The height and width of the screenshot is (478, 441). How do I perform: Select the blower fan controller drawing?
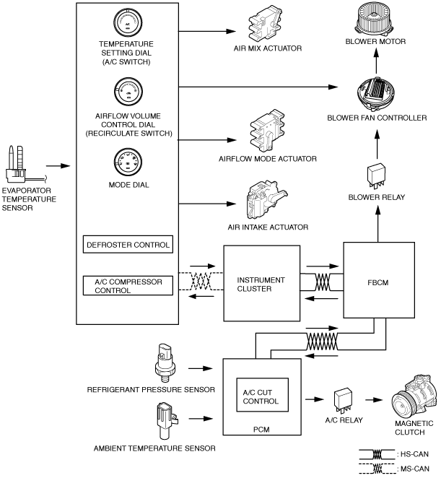(376, 92)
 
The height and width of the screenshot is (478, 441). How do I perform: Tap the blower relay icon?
(377, 176)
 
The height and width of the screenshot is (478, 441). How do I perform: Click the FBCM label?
(378, 282)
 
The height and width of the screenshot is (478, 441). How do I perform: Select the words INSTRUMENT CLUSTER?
(261, 284)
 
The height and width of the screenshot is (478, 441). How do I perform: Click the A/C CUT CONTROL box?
(263, 395)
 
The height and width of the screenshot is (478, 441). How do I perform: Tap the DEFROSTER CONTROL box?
(128, 245)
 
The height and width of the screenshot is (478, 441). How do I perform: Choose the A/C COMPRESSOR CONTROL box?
(128, 286)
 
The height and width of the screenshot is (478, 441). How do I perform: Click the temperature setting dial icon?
(128, 22)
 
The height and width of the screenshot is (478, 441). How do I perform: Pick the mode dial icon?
(128, 162)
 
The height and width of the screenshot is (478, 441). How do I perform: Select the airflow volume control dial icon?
(128, 92)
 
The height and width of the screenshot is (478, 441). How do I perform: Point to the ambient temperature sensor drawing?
(167, 421)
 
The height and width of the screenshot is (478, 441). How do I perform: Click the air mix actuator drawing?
(265, 25)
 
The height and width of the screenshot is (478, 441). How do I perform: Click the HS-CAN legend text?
(414, 454)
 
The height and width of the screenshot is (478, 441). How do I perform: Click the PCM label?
(261, 430)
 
